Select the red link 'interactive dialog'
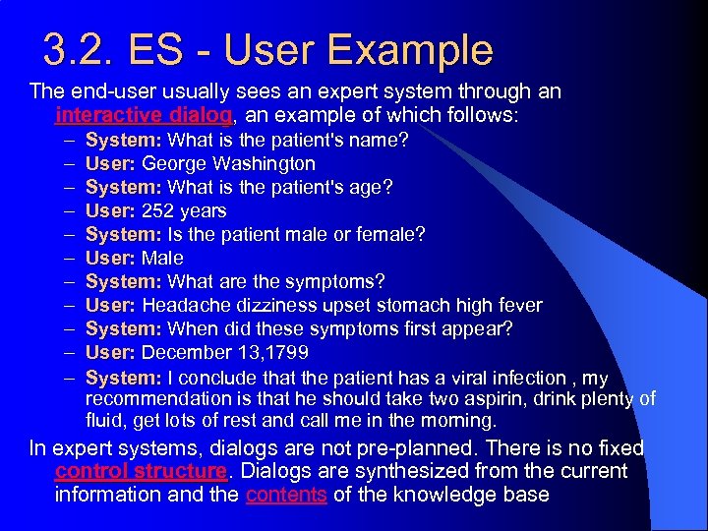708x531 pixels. [144, 115]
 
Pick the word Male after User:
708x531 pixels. [162, 259]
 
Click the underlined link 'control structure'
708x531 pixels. [141, 471]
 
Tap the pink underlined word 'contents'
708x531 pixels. [286, 495]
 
